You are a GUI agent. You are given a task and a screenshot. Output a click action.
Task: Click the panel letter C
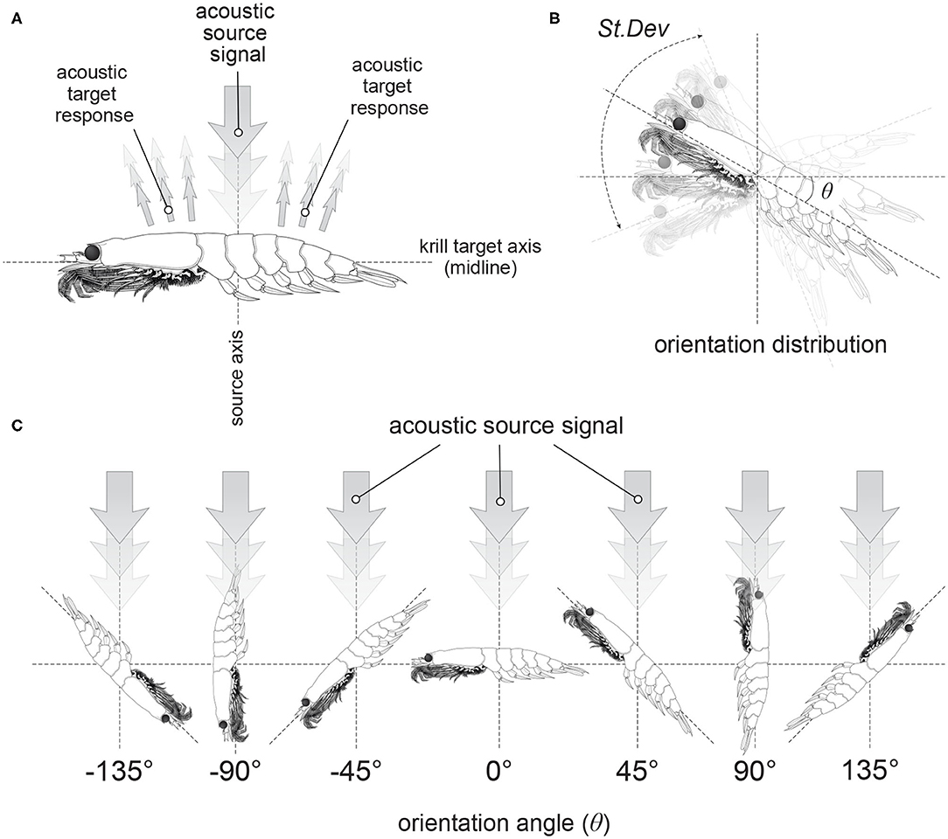pos(12,425)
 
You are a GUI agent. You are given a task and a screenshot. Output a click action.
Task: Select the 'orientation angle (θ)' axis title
pos(498,822)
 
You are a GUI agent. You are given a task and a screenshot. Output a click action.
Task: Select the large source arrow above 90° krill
pos(755,516)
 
